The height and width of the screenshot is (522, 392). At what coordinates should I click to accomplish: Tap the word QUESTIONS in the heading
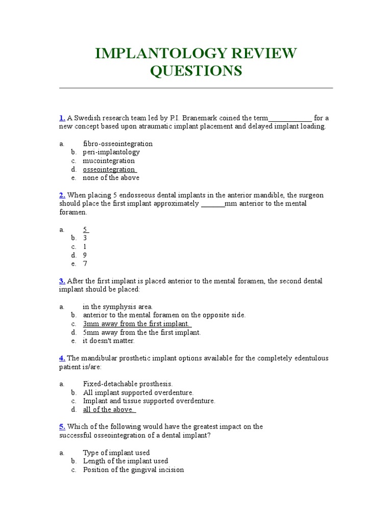[x=195, y=71]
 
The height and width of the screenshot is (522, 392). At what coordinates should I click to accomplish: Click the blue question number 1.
[x=62, y=118]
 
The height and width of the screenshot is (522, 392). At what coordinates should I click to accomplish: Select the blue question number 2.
[x=62, y=195]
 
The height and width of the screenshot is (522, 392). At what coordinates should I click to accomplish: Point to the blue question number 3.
[x=62, y=281]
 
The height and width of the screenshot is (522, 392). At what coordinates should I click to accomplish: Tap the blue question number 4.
[x=62, y=358]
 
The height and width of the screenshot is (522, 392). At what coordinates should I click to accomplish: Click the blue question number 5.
[x=62, y=427]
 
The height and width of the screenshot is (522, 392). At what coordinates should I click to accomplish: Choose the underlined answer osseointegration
[x=109, y=169]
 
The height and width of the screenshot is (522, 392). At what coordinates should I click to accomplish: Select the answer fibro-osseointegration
[x=117, y=144]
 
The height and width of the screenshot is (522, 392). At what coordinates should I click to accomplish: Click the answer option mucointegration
[x=109, y=161]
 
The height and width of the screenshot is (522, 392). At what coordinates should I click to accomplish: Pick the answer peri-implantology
[x=111, y=152]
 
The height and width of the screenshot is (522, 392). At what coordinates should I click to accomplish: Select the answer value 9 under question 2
[x=85, y=255]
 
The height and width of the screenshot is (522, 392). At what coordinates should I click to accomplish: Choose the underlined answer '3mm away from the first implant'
[x=136, y=324]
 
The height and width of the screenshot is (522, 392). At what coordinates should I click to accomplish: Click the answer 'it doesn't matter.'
[x=109, y=341]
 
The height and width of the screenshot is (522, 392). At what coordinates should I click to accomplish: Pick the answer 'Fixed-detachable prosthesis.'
[x=128, y=384]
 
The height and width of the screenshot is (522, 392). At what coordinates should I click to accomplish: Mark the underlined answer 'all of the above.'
[x=109, y=409]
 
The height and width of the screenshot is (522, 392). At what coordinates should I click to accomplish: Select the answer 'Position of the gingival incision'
[x=133, y=469]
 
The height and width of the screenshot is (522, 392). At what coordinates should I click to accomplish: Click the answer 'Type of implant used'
[x=116, y=453]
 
